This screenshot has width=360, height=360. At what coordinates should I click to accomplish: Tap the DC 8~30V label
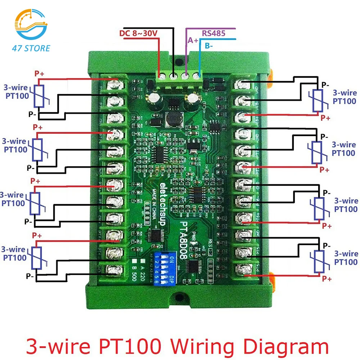tap(138, 34)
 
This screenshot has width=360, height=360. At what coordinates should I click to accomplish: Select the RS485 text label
tap(213, 33)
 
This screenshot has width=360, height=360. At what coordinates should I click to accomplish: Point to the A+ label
tap(193, 41)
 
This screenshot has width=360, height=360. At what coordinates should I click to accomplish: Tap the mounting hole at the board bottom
tap(179, 296)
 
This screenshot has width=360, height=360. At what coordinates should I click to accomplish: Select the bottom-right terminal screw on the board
tap(245, 269)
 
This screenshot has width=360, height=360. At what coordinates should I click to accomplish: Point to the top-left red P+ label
tap(39, 73)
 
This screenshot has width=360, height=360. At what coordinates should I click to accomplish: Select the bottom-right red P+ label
tap(327, 279)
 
